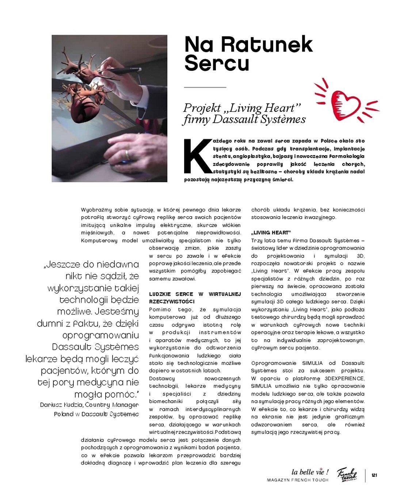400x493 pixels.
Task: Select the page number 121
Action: tap(374, 475)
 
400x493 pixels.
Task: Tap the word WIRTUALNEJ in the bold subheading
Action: tap(225, 294)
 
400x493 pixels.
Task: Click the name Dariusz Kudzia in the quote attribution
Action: tap(57, 405)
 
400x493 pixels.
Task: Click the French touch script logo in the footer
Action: tap(346, 474)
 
